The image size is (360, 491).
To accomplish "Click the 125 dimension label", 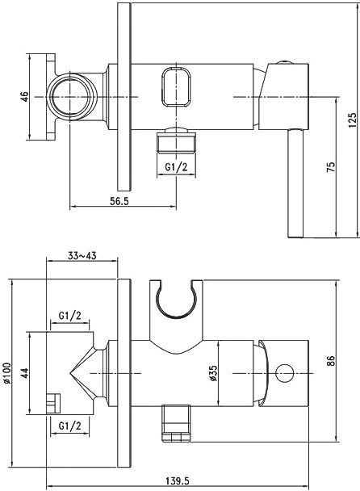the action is click(x=352, y=120).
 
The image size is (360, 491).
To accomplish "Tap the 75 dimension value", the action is click(x=331, y=166).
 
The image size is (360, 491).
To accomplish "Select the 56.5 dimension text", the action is click(x=119, y=201).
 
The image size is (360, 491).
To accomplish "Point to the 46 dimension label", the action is click(x=24, y=97).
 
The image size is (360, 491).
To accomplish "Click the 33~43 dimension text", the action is click(x=82, y=256).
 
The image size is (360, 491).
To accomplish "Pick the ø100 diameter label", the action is click(x=7, y=372).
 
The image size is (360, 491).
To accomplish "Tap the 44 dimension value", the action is click(x=24, y=373).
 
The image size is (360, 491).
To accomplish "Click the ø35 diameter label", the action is click(x=213, y=373).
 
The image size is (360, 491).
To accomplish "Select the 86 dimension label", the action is click(x=331, y=361).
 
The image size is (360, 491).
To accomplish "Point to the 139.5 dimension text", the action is click(x=177, y=481).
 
